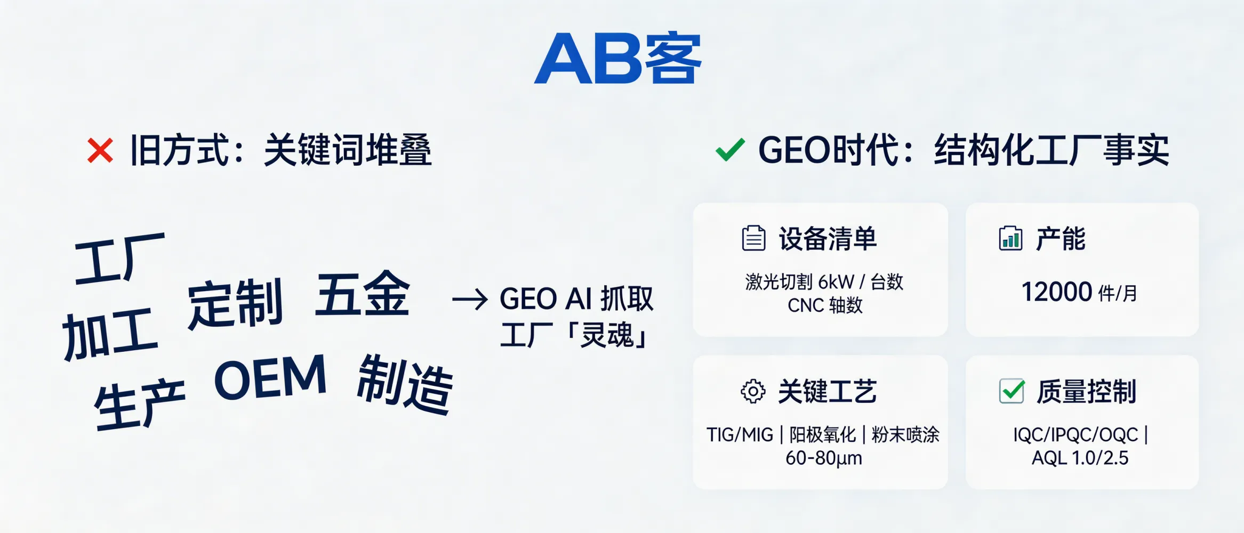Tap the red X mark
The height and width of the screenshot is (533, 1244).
pos(100,150)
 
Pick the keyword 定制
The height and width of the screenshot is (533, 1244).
pos(235,304)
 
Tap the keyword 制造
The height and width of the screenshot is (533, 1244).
pos(405,385)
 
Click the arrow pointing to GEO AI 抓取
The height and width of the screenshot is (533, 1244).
pos(470,300)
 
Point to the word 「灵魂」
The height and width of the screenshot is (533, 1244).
pos(608,336)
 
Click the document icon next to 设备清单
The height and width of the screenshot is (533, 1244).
pos(753,238)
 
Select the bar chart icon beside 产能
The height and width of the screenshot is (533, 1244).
pos(1010,238)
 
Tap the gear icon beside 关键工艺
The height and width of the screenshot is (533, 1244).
pos(753,392)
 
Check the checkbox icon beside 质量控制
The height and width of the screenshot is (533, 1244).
pos(1012,391)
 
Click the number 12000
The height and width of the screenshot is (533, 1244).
pos(1056,292)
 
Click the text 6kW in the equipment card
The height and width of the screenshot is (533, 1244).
pos(836,281)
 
